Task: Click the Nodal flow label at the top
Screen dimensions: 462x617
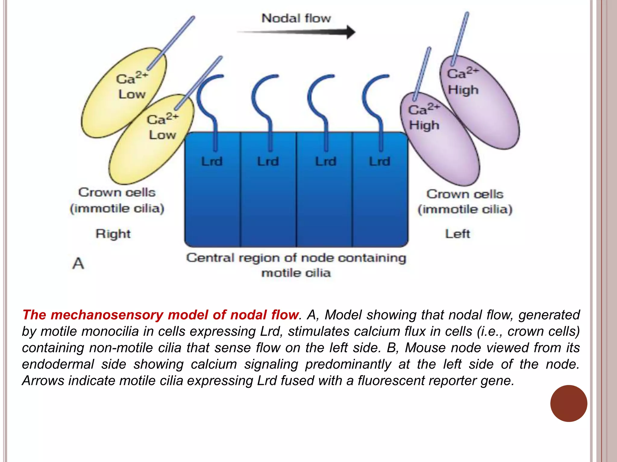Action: coord(296,18)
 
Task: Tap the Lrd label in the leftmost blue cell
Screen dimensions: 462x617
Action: coord(212,162)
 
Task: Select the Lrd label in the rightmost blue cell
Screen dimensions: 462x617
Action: coord(380,162)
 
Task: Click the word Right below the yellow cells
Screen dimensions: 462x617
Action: coord(113,234)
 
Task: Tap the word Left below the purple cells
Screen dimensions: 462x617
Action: coord(457,234)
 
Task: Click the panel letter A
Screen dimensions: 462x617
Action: coord(78,263)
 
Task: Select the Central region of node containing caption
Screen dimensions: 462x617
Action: coord(296,258)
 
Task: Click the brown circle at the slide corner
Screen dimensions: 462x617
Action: coord(568,403)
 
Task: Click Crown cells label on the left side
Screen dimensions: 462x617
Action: coord(117,192)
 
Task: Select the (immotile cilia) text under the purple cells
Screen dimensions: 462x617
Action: coord(465,209)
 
